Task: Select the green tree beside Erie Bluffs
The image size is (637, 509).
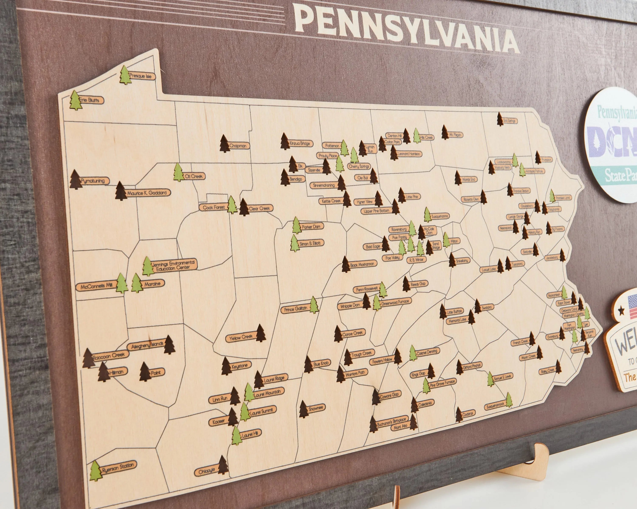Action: click(75, 100)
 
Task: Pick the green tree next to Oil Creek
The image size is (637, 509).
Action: click(178, 172)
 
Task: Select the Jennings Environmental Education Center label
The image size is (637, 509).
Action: click(174, 265)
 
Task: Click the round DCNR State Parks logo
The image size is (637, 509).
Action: click(612, 145)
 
